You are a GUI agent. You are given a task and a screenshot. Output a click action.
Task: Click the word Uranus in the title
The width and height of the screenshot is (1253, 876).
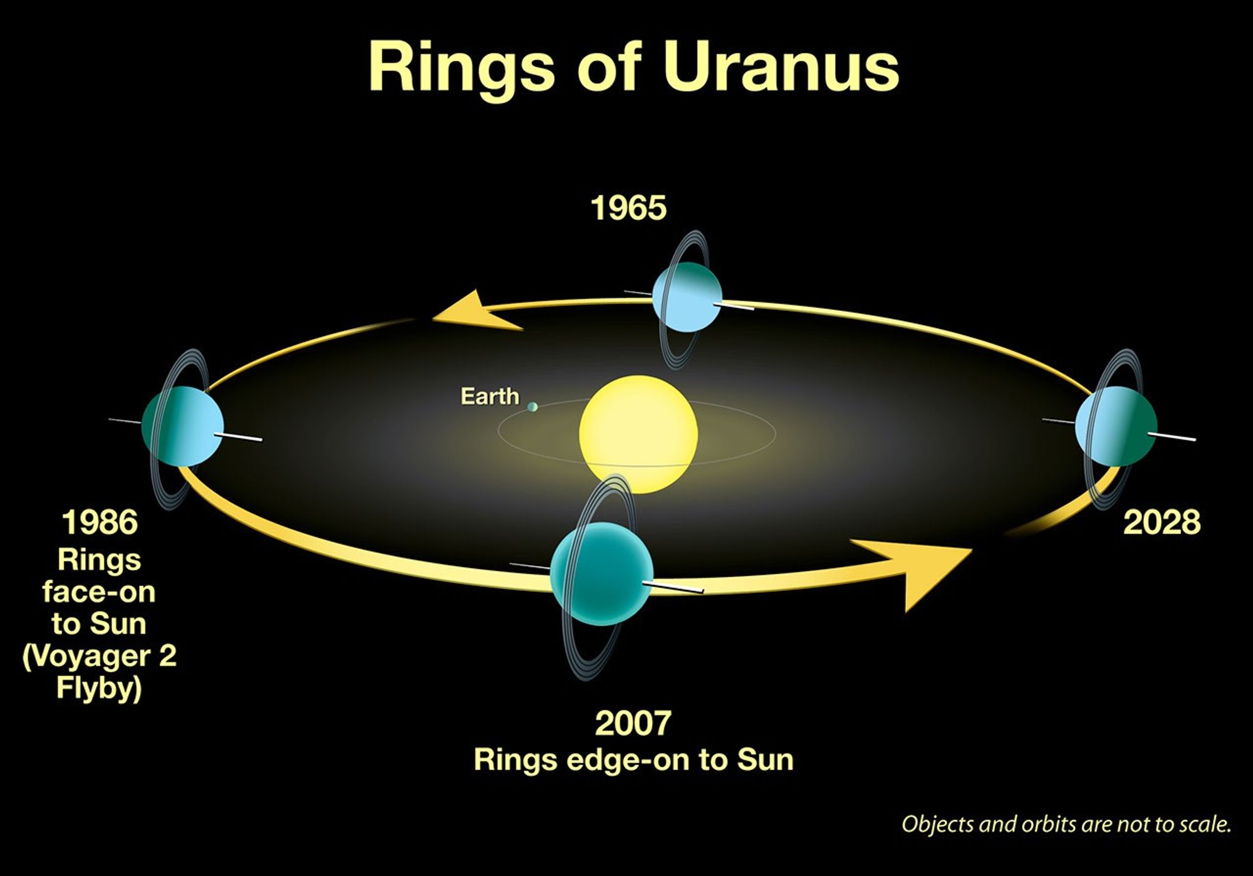pos(781,67)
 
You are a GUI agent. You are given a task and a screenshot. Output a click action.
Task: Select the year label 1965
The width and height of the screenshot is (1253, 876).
pos(628,208)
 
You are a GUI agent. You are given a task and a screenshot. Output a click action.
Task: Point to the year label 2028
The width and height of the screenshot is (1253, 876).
pos(1162,522)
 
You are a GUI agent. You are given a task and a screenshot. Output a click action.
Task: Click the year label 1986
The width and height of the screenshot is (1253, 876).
pos(100,522)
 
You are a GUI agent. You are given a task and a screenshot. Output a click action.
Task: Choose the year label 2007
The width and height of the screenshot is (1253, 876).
pos(633,722)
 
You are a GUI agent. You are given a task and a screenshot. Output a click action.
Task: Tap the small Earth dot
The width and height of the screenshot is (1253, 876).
pos(533,407)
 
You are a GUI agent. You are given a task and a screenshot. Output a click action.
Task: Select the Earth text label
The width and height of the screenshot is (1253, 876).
pos(489,396)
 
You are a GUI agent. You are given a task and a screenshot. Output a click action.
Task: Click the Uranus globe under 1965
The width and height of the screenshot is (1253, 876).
pos(687,296)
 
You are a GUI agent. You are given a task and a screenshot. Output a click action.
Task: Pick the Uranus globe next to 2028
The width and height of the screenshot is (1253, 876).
pos(1116,426)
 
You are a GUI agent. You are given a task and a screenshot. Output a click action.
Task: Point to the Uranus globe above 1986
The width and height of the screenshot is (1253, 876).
pos(182,426)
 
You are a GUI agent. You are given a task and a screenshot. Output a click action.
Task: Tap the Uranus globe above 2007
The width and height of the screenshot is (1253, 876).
pos(601,574)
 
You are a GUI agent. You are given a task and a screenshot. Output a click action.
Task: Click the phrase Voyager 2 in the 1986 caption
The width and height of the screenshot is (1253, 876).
pos(100,656)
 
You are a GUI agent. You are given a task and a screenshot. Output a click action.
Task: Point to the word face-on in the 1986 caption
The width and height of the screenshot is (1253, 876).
pos(99,592)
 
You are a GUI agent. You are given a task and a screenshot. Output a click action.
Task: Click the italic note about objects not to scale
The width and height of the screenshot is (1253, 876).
pos(1066,823)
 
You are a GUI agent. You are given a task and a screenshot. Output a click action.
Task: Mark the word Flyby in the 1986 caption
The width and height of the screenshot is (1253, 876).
pos(99,687)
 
